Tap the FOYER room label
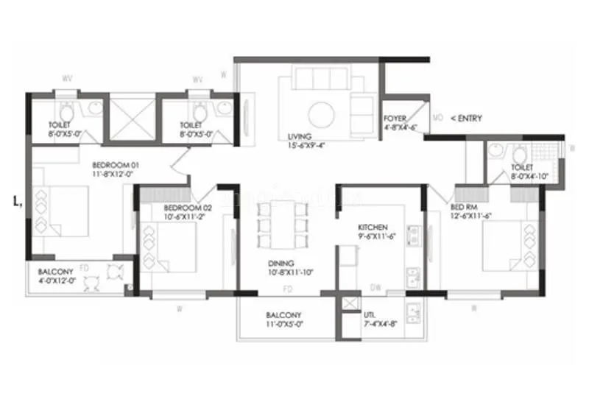pyautogui.click(x=395, y=118)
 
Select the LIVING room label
pyautogui.click(x=300, y=136)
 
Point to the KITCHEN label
pyautogui.click(x=373, y=228)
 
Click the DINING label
pyautogui.click(x=281, y=263)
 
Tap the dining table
pyautogui.click(x=282, y=225)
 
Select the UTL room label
pyautogui.click(x=370, y=314)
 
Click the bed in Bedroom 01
pyautogui.click(x=63, y=210)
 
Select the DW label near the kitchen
pyautogui.click(x=375, y=289)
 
